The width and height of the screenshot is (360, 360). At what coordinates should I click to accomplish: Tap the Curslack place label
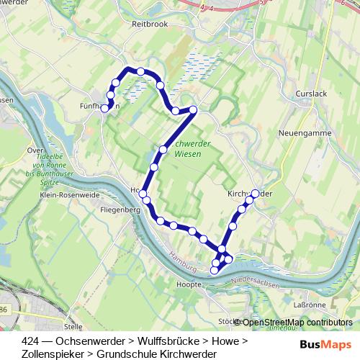pos(311,94)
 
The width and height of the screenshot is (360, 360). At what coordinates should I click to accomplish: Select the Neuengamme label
pos(303,134)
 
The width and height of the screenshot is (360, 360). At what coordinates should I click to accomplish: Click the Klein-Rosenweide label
pos(69,195)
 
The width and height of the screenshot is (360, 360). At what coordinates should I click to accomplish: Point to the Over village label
pos(32,150)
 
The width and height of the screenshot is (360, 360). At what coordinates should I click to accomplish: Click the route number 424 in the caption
pos(31,340)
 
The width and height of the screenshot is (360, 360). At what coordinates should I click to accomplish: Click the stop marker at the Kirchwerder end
pos(255,193)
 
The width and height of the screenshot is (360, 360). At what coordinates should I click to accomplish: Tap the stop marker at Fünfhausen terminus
pos(104,109)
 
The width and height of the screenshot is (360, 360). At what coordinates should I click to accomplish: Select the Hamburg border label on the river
pos(181,261)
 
